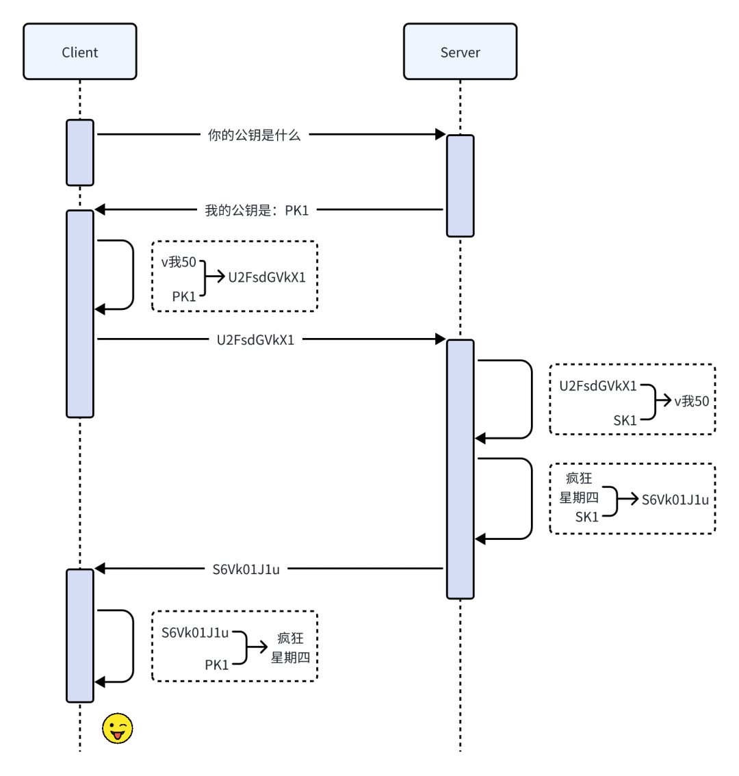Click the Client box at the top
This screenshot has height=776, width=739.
coord(80,52)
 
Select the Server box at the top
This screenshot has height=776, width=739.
coord(460,52)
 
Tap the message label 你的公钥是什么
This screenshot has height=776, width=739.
coord(254,135)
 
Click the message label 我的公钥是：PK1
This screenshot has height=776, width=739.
coord(257,210)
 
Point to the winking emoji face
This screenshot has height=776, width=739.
coord(117,729)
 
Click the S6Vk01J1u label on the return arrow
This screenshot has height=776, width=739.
coord(246,569)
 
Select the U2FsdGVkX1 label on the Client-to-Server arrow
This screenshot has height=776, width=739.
coord(255,339)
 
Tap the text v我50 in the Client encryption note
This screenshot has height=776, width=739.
coord(179,261)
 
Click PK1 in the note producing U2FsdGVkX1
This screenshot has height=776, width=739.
coord(184,296)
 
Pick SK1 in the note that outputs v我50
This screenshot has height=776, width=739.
coord(625,420)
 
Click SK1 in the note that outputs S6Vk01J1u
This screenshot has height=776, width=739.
coord(586,517)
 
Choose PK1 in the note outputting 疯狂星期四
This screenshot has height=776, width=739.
coord(217,664)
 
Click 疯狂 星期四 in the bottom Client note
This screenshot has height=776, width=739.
coord(290,647)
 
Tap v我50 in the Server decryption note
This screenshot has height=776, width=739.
coord(692,402)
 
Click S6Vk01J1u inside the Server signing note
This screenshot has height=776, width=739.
coord(675,500)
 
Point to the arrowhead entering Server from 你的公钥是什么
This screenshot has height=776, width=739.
coord(441,135)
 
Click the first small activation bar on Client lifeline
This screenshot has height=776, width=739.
coord(80,153)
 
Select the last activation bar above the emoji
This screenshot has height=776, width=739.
coord(80,635)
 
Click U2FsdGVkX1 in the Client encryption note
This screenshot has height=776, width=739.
coord(267,278)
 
